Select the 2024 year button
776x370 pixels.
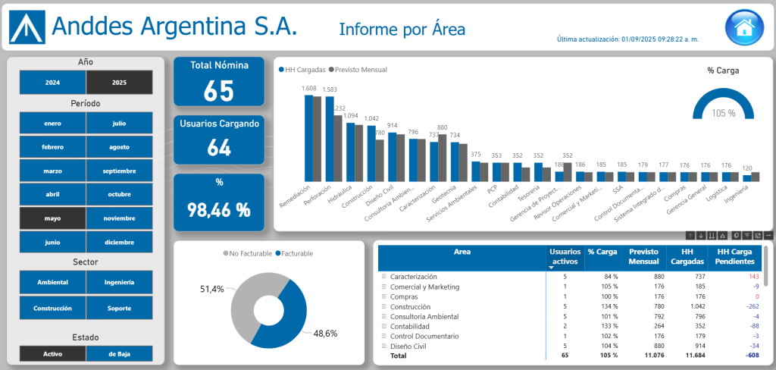[x=52, y=82]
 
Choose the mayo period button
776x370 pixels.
[x=52, y=218]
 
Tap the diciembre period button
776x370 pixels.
[x=119, y=243]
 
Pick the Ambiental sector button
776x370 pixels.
[x=52, y=282]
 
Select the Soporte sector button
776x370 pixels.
[x=119, y=309]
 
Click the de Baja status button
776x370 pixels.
[x=119, y=353]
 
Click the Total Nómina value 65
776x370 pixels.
[x=219, y=90]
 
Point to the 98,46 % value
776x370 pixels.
[x=219, y=210]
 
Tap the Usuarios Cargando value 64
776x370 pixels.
[x=219, y=147]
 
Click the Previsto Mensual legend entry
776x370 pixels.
[x=360, y=70]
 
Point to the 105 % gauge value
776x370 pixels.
[x=724, y=113]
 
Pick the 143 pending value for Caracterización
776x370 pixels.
[x=753, y=277]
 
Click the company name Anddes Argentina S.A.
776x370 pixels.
[x=174, y=27]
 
